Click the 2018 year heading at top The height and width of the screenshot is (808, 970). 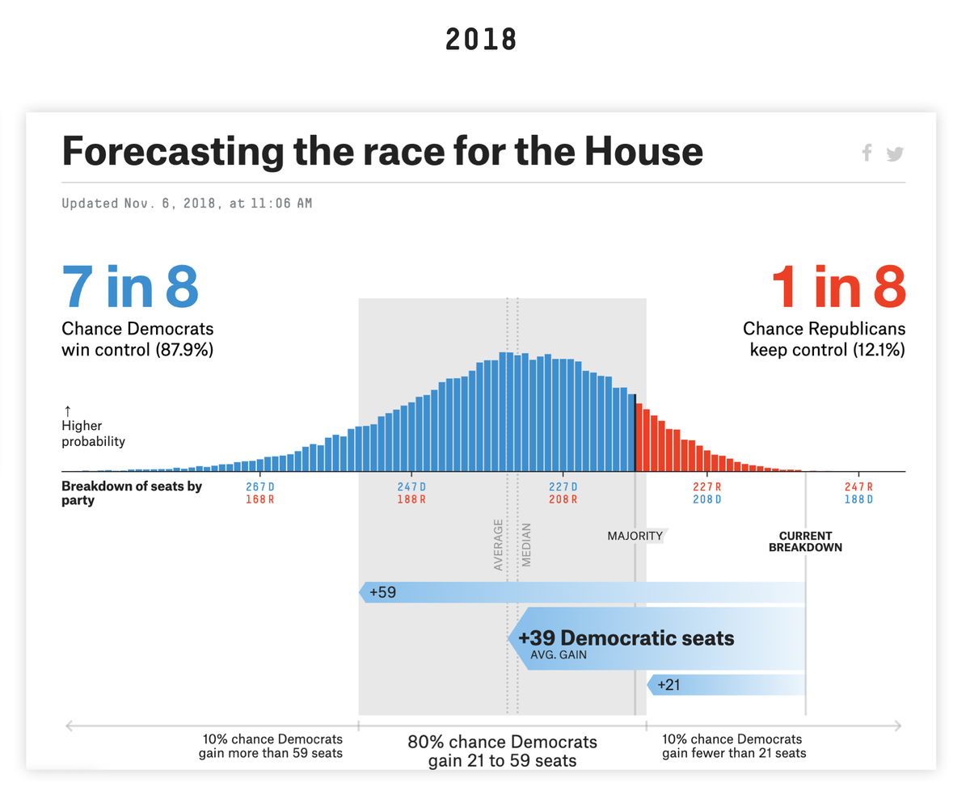click(481, 39)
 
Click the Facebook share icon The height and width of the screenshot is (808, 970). click(867, 152)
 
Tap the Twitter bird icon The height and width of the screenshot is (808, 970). click(894, 154)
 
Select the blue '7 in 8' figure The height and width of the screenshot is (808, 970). click(130, 287)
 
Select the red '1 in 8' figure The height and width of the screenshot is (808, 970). click(837, 287)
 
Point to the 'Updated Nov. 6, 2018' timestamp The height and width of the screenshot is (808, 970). click(187, 204)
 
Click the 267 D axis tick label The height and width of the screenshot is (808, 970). click(259, 486)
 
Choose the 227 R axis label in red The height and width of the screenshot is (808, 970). click(706, 486)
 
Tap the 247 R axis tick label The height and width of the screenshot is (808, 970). click(858, 486)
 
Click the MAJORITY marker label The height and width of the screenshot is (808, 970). click(635, 536)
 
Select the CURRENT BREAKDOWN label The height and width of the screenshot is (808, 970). click(805, 541)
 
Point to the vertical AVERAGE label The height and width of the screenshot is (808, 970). click(498, 545)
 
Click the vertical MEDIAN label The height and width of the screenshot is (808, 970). click(526, 545)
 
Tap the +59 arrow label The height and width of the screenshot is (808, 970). click(382, 592)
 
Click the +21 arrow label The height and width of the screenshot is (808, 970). click(669, 685)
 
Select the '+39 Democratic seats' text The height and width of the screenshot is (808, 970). click(626, 638)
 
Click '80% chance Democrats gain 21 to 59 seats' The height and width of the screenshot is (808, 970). click(502, 751)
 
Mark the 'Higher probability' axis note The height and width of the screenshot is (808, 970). click(93, 433)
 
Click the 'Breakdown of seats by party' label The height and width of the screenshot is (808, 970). click(132, 493)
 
